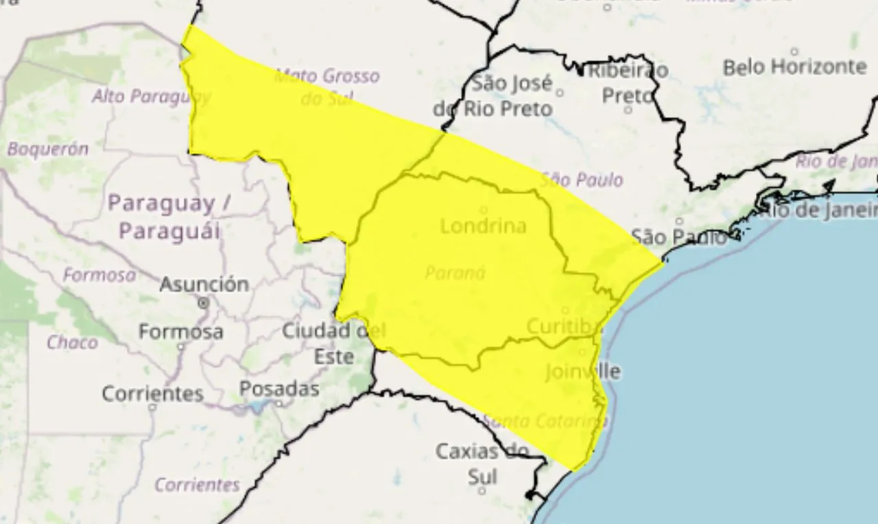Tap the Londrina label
483,226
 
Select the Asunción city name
204,284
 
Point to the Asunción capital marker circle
203,302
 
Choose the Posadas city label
279,389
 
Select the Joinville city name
582,372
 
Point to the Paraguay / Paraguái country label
170,216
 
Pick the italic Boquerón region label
48,149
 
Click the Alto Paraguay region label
151,97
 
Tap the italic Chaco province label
72,342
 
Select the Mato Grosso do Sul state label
327,86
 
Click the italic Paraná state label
455,273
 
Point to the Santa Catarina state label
546,421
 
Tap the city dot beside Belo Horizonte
794,51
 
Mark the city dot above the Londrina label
483,210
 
